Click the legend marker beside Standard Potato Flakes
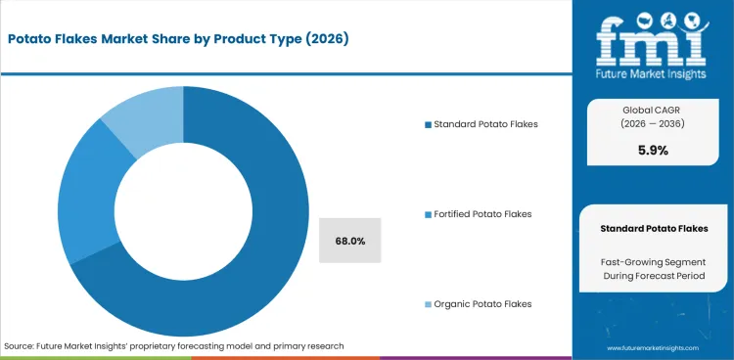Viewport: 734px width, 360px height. (427, 124)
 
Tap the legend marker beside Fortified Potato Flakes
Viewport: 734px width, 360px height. (427, 213)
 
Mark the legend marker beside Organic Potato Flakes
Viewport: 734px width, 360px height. (427, 303)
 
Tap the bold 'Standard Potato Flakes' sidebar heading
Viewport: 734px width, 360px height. (654, 228)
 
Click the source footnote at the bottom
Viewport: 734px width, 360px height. (174, 346)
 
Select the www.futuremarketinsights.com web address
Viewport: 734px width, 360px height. (654, 347)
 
